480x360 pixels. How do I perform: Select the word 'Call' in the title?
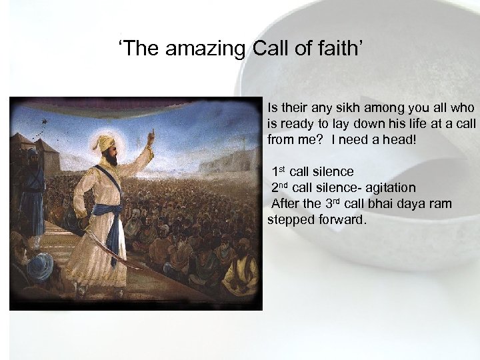coord(269,49)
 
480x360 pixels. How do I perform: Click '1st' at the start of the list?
coord(279,172)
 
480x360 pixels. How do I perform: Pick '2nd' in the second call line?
coord(280,187)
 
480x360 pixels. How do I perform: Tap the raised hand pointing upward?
coord(151,136)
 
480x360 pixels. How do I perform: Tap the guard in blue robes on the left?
coord(31,193)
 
